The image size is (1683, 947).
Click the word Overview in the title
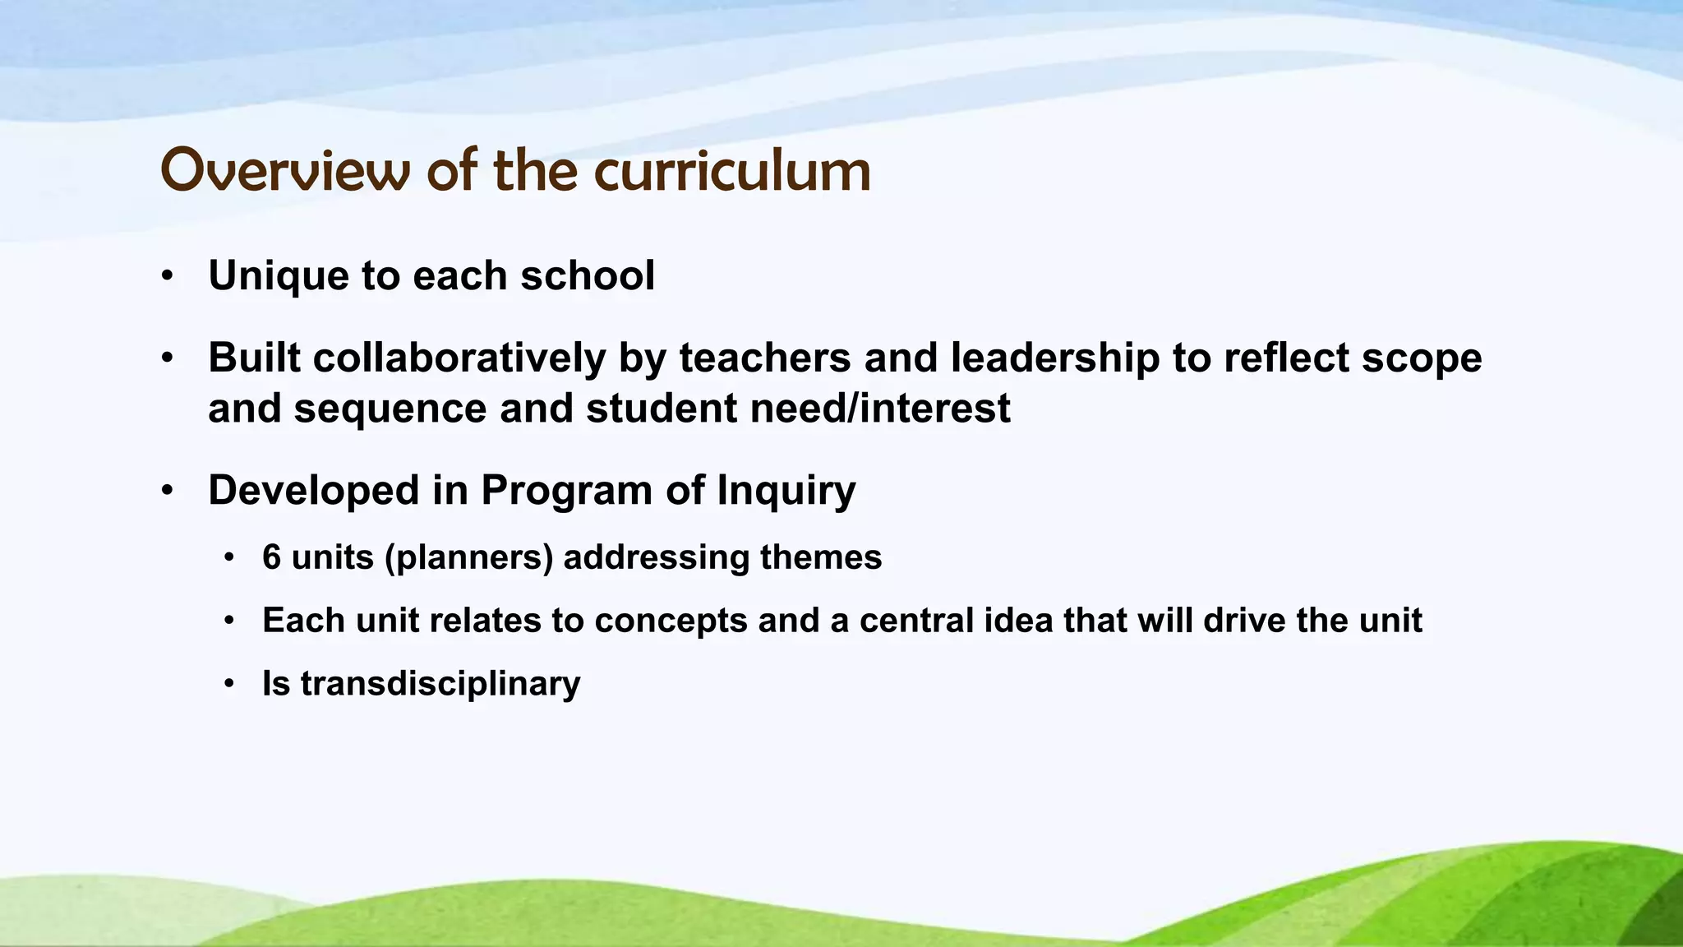(284, 171)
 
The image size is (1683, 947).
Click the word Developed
(314, 491)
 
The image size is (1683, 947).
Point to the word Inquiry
(786, 491)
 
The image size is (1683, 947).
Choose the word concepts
(671, 621)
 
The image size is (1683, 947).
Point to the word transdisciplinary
(440, 684)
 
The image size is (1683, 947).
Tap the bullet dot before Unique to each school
(168, 277)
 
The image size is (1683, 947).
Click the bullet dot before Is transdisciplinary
(229, 685)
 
